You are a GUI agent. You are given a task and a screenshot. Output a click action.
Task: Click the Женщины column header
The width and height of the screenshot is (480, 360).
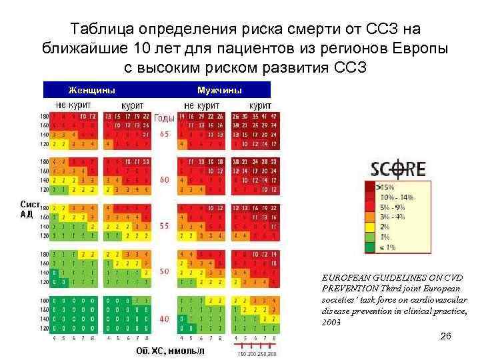click(x=91, y=90)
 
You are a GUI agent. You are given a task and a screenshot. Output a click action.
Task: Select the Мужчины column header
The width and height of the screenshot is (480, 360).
click(x=219, y=90)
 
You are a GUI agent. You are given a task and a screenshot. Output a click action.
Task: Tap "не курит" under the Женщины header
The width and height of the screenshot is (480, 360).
click(x=74, y=105)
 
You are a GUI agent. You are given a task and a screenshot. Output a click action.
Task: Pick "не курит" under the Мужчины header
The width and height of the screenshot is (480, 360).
click(x=203, y=105)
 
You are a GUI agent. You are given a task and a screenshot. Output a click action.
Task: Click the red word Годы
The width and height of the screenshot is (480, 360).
click(x=164, y=118)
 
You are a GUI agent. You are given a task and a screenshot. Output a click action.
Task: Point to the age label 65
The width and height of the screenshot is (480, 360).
click(x=164, y=133)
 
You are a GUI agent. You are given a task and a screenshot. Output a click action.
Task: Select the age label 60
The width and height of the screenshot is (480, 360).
click(x=164, y=180)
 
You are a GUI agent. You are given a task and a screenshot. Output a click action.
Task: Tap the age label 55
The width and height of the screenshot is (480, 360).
click(x=164, y=226)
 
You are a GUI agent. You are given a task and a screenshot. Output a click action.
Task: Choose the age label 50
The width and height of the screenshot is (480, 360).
click(x=164, y=272)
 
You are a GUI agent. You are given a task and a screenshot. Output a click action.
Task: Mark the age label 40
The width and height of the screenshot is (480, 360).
click(x=164, y=319)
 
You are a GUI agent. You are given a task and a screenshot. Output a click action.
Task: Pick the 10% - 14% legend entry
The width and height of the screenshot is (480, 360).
click(x=396, y=198)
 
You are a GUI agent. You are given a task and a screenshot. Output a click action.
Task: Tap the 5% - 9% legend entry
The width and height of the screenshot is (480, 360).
click(x=393, y=207)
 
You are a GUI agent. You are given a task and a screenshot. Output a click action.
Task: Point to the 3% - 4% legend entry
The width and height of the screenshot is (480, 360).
click(x=393, y=217)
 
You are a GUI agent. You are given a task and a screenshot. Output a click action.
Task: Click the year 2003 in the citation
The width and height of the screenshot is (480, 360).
click(x=331, y=322)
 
